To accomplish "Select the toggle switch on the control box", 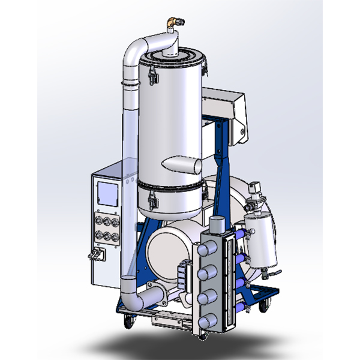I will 94,256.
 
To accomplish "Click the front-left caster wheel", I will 127,322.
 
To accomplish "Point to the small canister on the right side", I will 262,242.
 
